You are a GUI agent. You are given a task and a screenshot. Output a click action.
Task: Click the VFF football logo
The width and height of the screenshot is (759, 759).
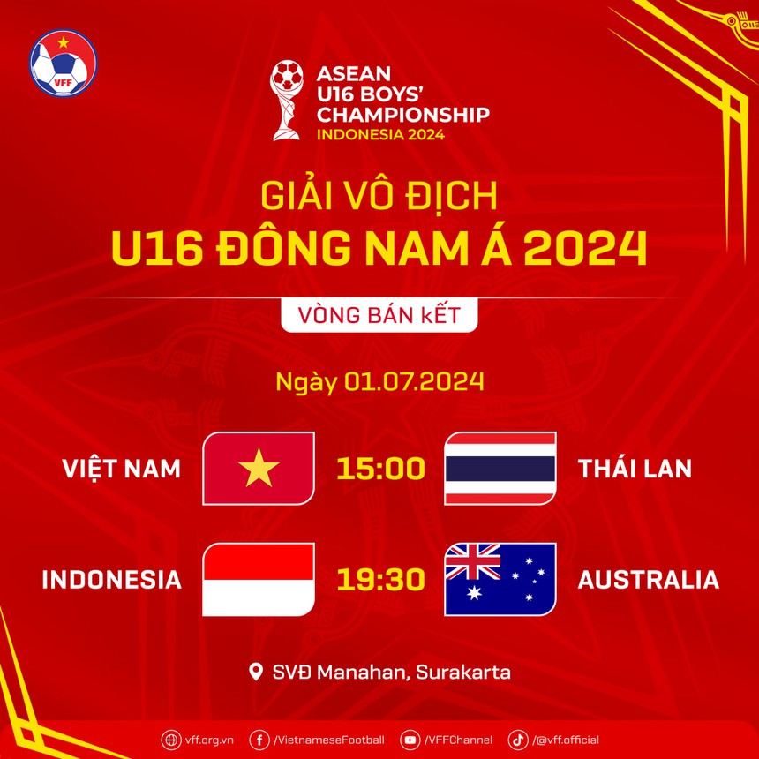(63, 64)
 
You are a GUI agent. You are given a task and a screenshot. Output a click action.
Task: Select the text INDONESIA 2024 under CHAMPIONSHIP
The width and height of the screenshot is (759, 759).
(380, 135)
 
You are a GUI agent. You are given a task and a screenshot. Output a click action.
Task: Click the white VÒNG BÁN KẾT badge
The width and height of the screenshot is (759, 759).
(379, 315)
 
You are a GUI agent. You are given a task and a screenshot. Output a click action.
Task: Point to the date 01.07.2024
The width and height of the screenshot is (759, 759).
(414, 382)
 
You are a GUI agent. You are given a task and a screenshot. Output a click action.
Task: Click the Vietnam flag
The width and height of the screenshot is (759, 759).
(259, 468)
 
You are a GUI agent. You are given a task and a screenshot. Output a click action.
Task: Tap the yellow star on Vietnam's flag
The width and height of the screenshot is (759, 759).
(259, 468)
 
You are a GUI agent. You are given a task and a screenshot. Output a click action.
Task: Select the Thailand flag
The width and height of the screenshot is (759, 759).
(500, 468)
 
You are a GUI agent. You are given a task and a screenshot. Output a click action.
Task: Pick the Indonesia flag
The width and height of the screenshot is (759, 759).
(259, 579)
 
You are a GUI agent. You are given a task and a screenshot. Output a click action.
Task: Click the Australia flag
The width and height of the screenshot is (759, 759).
(500, 579)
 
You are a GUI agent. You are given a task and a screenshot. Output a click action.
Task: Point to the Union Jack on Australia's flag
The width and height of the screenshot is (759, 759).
(473, 561)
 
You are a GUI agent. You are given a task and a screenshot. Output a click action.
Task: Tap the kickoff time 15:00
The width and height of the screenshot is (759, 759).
(380, 469)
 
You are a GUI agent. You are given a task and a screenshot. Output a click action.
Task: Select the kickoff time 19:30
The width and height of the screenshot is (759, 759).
(380, 580)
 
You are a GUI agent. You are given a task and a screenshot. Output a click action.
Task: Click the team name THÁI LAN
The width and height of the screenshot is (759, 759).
(635, 469)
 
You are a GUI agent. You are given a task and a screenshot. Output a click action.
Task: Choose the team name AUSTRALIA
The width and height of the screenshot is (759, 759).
(648, 580)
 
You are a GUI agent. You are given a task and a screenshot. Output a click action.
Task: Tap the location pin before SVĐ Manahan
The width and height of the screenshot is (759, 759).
(256, 673)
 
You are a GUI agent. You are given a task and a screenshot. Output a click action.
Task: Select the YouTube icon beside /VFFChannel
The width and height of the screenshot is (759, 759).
(410, 740)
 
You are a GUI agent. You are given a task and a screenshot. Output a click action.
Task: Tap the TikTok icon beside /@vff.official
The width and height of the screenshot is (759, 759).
(518, 740)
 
